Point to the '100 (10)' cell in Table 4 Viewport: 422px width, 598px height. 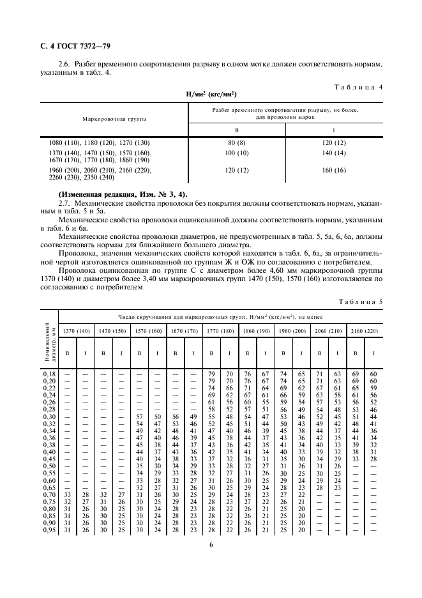pyautogui.click(x=237, y=154)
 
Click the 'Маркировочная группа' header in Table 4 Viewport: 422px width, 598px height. pyautogui.click(x=114, y=119)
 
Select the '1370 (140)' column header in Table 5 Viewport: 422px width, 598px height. pyautogui.click(x=76, y=331)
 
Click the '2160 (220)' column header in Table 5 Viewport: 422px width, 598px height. pyautogui.click(x=365, y=331)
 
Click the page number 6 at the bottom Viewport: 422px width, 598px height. pyautogui.click(x=211, y=544)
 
